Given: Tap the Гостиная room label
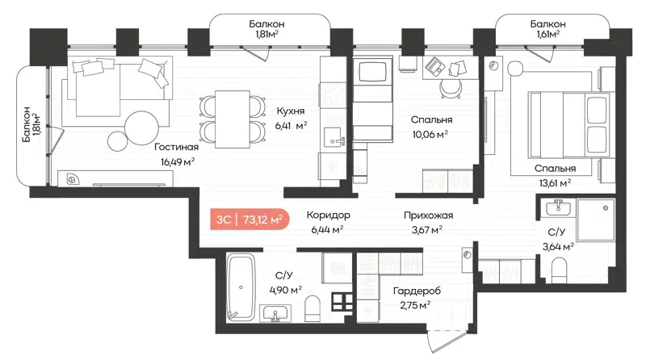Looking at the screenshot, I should point(174,148).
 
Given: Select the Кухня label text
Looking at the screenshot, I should point(290,111).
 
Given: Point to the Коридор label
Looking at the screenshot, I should point(327,216).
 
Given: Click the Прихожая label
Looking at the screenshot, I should point(428,216).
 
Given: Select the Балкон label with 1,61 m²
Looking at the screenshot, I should point(548,24).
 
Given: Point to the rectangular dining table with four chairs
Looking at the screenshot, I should point(233,118).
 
